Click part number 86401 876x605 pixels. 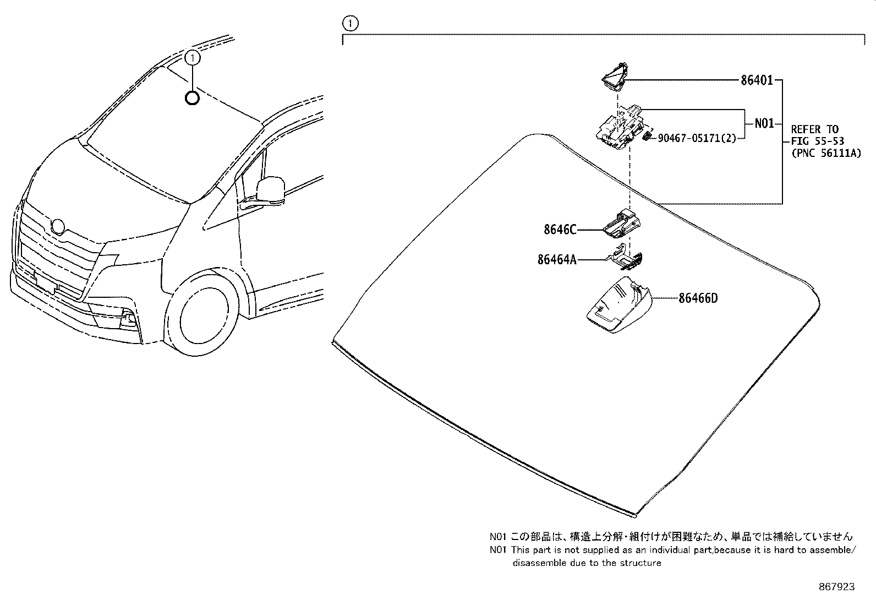[757, 80]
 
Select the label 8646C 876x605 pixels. [560, 230]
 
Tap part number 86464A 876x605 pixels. [557, 259]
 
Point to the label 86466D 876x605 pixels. [698, 298]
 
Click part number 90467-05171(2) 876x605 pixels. [697, 138]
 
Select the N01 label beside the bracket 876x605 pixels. [764, 123]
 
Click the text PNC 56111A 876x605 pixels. [826, 154]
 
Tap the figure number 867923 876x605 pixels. [836, 587]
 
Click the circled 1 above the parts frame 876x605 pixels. [350, 24]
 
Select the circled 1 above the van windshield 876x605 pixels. [192, 57]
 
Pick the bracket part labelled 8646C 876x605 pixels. [622, 224]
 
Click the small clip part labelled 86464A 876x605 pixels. [628, 259]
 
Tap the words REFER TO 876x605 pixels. [814, 129]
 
